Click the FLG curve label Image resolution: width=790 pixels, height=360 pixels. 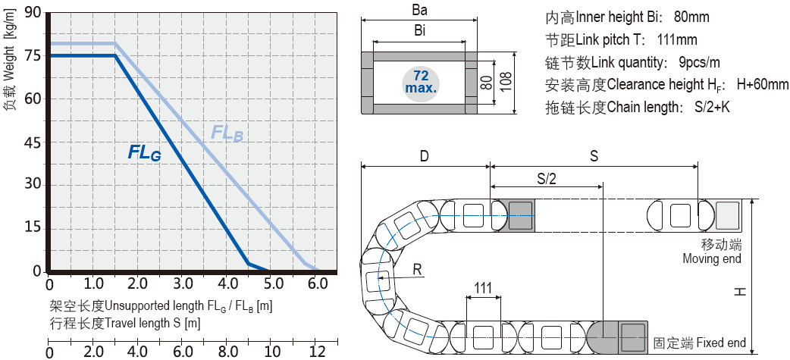click(x=144, y=152)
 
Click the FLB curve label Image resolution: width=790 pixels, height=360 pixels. click(x=227, y=133)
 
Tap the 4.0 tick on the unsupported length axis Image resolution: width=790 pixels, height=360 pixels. click(x=228, y=284)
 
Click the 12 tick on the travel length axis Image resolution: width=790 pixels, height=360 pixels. click(x=318, y=352)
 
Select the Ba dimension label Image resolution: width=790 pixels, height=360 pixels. click(x=419, y=11)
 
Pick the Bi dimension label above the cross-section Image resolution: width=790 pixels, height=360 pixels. click(x=419, y=31)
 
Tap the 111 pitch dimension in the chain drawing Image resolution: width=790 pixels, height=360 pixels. click(x=482, y=288)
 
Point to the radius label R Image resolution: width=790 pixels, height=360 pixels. click(x=417, y=269)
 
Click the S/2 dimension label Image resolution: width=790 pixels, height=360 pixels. click(x=545, y=178)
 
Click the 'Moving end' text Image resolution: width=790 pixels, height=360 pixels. click(x=712, y=259)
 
